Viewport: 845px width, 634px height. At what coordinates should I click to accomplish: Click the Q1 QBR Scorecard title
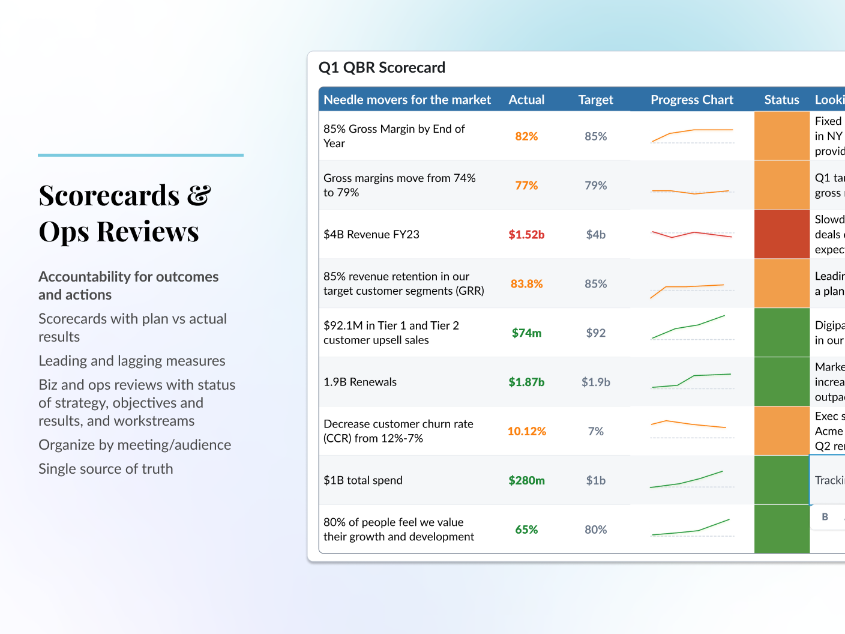pos(382,68)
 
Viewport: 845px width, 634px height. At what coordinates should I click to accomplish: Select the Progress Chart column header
pos(691,100)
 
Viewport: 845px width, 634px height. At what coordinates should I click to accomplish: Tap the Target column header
pos(595,100)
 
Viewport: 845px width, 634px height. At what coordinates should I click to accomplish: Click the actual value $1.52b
pos(526,235)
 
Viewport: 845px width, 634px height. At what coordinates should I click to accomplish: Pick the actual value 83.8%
pos(526,284)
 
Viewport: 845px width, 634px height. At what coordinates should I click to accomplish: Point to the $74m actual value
pos(526,333)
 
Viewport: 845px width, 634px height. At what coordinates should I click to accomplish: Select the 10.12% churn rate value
pos(526,432)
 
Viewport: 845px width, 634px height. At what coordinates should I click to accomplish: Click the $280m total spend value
pos(526,481)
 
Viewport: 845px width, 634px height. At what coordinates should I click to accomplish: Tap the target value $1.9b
pos(595,382)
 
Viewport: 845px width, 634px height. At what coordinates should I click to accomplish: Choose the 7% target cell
pos(595,432)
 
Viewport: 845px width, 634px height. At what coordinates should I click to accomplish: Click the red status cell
pos(781,235)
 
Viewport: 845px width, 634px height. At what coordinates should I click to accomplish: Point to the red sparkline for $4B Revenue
pos(691,234)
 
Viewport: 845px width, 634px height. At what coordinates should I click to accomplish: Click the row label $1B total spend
pos(362,481)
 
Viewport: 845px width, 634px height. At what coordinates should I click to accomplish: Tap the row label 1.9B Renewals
pos(359,382)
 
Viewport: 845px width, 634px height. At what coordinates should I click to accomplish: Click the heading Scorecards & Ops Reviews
pos(124,213)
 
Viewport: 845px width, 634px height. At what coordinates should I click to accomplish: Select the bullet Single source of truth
pos(106,469)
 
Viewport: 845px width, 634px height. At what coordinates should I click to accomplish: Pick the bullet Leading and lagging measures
pos(131,361)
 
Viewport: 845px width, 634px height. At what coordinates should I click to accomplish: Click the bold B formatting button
pos(825,517)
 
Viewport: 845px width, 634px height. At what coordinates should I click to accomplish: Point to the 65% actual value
pos(526,530)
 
